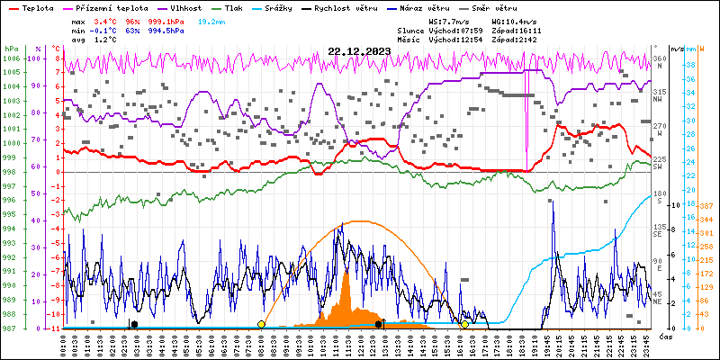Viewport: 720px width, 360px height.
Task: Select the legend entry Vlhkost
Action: point(185,8)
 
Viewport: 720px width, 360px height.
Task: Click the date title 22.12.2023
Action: point(359,51)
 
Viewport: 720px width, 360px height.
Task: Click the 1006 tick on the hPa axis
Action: point(12,58)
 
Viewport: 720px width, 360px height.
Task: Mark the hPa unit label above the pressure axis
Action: point(11,49)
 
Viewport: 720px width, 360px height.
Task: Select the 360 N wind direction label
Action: point(660,62)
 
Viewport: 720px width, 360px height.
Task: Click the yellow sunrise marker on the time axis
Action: point(261,324)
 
